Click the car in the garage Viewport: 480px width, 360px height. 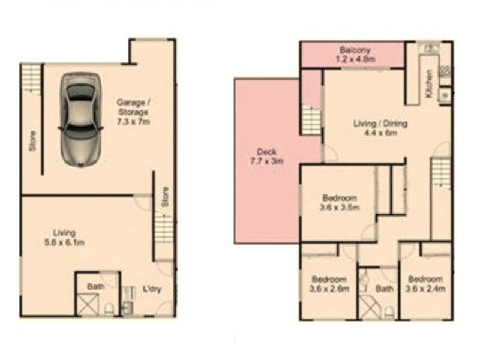point(80,120)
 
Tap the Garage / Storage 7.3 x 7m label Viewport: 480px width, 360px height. point(133,112)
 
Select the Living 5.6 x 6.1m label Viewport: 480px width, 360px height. point(64,238)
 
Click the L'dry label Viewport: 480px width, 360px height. point(152,289)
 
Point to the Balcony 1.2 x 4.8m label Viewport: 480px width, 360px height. point(355,54)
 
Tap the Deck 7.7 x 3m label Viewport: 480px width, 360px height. point(266,156)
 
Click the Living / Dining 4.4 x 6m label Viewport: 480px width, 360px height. point(380,128)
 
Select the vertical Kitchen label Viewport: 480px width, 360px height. point(429,84)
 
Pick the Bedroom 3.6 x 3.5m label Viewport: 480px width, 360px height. point(340,202)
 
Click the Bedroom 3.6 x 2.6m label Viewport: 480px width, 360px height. point(329,284)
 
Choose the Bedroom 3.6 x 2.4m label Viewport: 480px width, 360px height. point(425,283)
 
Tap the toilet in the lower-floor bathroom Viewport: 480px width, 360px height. point(109,309)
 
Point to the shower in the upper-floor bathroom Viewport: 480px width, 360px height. point(370,307)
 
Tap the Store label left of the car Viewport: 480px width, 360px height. point(32,141)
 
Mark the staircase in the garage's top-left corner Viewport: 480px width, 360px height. point(31,79)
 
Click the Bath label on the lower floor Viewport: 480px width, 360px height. point(95,287)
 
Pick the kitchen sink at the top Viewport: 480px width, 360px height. point(428,48)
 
